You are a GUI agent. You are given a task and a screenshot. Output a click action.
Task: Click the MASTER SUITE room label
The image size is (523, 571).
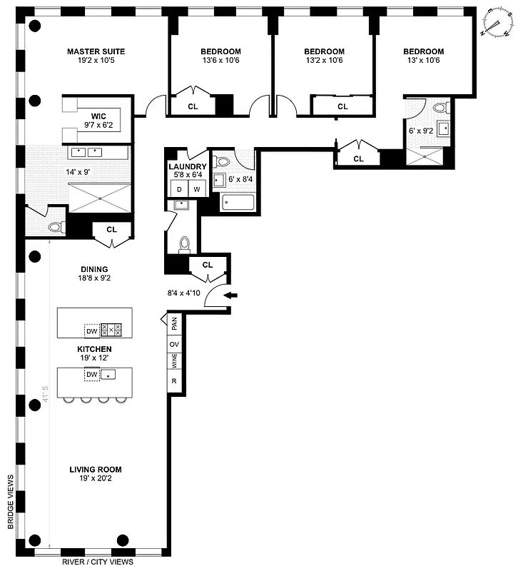point(96,51)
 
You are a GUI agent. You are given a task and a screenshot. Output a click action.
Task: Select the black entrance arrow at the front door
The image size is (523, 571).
point(233,295)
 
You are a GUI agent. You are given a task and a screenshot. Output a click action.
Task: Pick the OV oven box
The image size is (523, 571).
point(173,343)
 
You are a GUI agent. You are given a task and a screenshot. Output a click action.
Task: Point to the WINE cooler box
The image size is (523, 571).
point(173,363)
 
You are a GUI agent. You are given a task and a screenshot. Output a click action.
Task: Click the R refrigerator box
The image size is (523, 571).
point(173,382)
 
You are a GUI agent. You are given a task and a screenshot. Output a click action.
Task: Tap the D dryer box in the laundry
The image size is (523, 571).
point(179,188)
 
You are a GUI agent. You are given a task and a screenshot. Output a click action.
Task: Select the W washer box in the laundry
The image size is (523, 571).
point(196,188)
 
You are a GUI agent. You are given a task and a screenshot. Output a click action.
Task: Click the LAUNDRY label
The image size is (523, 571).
point(187,166)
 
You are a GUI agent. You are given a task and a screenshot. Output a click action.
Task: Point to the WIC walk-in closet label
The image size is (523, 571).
point(98,116)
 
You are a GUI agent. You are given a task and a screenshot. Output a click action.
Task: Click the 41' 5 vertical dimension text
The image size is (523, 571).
point(45,400)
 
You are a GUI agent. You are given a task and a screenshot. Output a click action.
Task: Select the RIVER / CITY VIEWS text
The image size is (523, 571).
point(97,562)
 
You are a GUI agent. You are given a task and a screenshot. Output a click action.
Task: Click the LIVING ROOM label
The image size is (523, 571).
point(95,470)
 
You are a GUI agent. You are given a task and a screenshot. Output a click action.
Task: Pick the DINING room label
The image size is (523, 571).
point(95,269)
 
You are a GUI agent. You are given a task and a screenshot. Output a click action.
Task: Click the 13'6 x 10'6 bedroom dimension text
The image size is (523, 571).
point(220,61)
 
